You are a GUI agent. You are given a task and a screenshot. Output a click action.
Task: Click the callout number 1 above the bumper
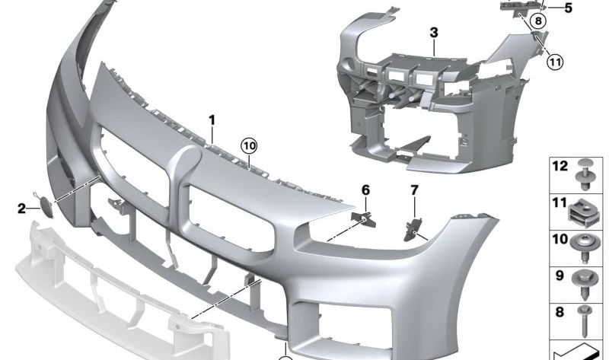212,120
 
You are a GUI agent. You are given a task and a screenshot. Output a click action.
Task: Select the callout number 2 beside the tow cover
22,209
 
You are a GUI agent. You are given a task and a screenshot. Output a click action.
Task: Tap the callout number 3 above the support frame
434,33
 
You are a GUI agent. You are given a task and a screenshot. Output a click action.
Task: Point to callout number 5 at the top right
568,8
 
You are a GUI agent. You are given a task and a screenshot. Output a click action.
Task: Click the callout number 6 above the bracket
365,190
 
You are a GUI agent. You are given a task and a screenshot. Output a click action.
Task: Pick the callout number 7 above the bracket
414,190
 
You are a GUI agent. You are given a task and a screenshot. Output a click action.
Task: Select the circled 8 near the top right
538,21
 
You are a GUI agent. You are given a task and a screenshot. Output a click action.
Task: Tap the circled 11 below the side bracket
555,62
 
